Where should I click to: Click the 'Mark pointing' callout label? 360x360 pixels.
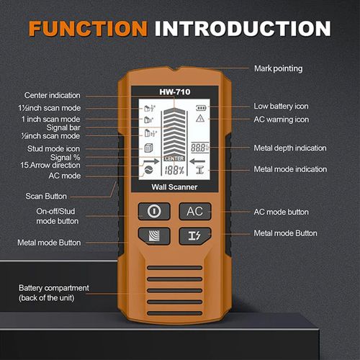click(x=279, y=69)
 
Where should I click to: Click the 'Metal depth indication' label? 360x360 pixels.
click(x=290, y=148)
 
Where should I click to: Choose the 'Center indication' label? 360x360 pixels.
click(x=53, y=95)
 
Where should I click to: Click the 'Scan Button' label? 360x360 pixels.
click(x=46, y=195)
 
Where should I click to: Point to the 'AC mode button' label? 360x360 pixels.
click(x=282, y=212)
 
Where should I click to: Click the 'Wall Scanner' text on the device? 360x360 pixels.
click(x=174, y=187)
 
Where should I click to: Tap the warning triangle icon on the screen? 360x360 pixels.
click(x=200, y=120)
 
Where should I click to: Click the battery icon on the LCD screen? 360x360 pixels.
click(x=200, y=107)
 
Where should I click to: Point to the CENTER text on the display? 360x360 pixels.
click(x=175, y=158)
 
